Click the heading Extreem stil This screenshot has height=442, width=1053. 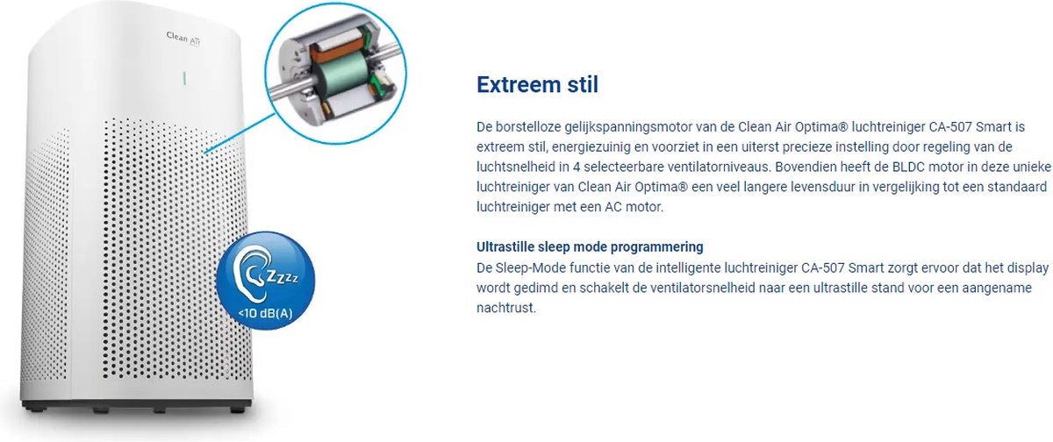click(x=537, y=85)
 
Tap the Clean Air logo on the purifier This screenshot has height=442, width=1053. click(x=183, y=39)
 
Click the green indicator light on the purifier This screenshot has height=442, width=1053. click(x=184, y=78)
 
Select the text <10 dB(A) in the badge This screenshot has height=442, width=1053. click(x=265, y=313)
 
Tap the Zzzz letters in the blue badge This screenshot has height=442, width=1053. click(x=282, y=276)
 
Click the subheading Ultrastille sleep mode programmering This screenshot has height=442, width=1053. click(x=590, y=247)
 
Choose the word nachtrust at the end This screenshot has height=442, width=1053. click(x=506, y=308)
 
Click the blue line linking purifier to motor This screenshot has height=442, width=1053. click(x=240, y=133)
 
